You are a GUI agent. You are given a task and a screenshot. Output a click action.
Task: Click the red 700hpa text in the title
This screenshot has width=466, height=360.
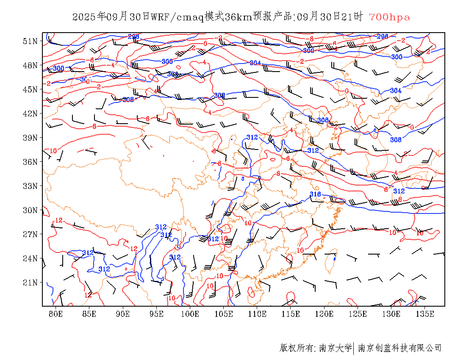pos(389,17)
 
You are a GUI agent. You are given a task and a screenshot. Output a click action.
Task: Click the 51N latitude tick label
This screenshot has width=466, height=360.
pos(30,41)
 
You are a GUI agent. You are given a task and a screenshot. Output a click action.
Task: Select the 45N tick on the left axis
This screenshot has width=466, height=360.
pos(30,89)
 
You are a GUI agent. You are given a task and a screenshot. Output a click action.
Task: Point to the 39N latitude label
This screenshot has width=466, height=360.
pos(30,138)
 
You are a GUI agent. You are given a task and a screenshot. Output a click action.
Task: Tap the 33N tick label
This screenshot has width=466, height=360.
pos(30,186)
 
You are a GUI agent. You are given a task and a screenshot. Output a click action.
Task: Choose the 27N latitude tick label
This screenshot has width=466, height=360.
pos(30,234)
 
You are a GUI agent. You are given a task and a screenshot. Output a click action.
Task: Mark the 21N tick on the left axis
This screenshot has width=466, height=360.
pos(30,282)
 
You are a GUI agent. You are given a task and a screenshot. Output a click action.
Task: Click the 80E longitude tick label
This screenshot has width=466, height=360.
pos(56,314)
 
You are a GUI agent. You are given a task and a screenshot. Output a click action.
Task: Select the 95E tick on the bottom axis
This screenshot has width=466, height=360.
pos(157,314)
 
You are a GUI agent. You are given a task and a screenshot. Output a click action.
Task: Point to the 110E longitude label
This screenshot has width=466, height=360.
pos(257,314)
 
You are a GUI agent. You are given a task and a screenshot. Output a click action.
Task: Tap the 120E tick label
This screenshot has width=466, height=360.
pos(325,314)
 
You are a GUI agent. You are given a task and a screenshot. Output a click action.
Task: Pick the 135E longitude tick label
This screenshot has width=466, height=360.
pos(425,314)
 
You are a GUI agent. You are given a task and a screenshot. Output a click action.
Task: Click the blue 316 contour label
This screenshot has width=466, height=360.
pos(315,194)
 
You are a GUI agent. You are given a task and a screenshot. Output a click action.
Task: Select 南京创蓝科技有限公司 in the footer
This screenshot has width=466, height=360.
pos(399,348)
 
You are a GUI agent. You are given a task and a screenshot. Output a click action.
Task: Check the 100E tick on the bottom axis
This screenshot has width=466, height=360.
pos(190,314)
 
